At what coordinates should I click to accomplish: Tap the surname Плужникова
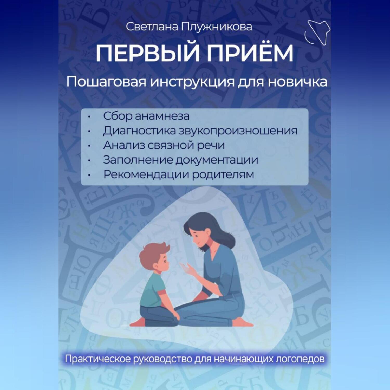[217, 27]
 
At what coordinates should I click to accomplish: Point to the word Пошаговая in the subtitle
[107, 82]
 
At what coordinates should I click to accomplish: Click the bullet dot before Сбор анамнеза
[89, 117]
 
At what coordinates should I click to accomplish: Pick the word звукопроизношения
[238, 131]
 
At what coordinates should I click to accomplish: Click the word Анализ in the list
[124, 145]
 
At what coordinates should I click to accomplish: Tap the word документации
[217, 160]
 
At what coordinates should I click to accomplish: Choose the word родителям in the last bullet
[223, 175]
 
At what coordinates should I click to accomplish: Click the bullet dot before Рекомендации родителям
[89, 175]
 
